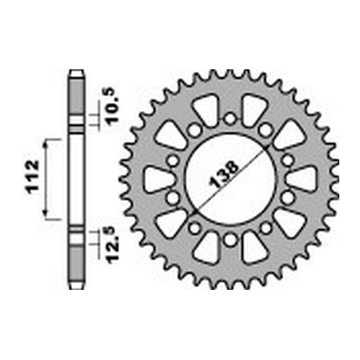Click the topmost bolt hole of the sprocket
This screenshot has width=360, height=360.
[230, 119]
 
